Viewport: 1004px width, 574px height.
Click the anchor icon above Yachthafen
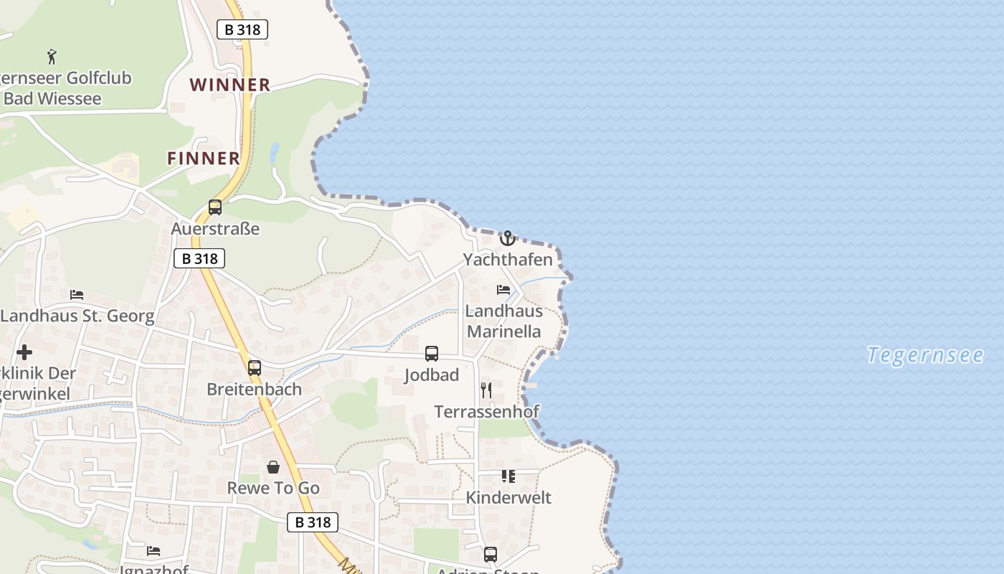(x=508, y=238)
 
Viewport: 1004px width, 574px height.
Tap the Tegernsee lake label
(x=924, y=354)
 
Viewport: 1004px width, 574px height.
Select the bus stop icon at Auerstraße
(x=215, y=207)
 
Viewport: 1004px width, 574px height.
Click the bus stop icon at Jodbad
(x=432, y=353)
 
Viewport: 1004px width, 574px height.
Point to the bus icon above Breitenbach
(x=255, y=368)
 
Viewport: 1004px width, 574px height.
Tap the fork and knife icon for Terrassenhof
(x=486, y=390)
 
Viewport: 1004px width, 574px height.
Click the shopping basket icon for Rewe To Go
(x=273, y=467)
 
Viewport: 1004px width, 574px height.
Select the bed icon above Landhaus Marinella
(x=503, y=290)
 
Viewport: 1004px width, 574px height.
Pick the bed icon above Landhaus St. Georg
(x=77, y=295)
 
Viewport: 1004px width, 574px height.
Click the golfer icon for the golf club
(x=52, y=56)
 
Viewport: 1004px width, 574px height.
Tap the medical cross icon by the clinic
(x=24, y=352)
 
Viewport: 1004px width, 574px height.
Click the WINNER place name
(x=230, y=85)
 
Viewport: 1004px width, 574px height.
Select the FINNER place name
(x=204, y=159)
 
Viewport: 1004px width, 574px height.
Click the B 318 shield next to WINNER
(x=242, y=29)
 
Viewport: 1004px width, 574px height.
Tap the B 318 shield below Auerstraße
(x=199, y=258)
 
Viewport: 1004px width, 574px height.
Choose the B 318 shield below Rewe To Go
(x=313, y=522)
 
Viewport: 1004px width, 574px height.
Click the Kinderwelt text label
(x=508, y=497)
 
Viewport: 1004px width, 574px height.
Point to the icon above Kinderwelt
(x=508, y=476)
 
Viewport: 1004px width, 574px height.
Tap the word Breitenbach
(x=254, y=389)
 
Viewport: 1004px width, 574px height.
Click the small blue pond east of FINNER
(x=274, y=152)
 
